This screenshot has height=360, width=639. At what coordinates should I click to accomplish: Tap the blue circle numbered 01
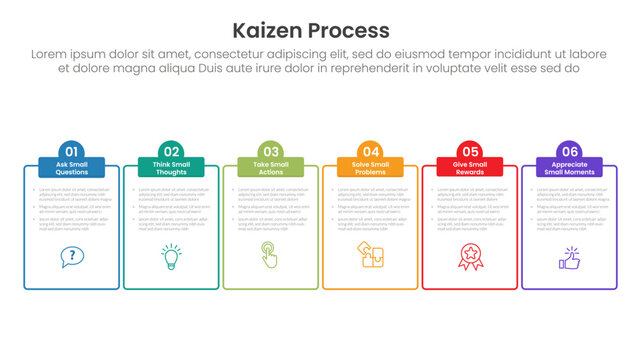click(x=71, y=152)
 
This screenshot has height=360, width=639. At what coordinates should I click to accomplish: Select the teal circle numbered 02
click(x=171, y=152)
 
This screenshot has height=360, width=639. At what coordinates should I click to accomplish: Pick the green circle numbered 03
click(x=271, y=152)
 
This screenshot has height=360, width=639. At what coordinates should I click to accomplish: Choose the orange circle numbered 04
click(x=370, y=152)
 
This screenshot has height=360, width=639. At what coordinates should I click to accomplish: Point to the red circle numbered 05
click(x=470, y=152)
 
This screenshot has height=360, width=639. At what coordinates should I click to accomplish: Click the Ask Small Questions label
click(x=71, y=168)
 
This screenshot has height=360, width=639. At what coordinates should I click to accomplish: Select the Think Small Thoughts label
click(x=171, y=168)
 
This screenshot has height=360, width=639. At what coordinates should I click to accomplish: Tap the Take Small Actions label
click(x=271, y=168)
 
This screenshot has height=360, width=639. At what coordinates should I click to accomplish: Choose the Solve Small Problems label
click(x=370, y=168)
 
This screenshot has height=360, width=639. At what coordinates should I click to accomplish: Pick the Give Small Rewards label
click(x=470, y=168)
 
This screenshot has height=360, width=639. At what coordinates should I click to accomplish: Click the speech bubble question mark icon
click(x=71, y=257)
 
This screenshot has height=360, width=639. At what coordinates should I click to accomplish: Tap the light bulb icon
click(x=171, y=256)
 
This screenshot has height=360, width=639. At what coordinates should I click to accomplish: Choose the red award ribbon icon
click(x=470, y=257)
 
